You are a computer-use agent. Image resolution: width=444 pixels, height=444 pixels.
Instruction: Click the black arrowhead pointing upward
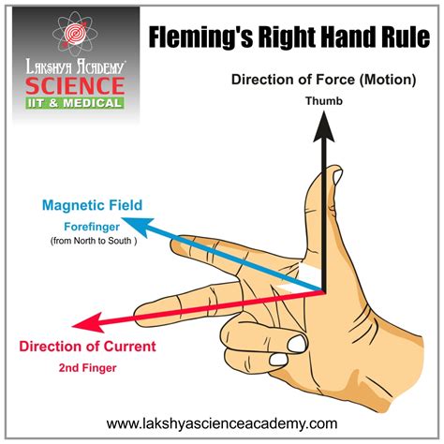point(324,127)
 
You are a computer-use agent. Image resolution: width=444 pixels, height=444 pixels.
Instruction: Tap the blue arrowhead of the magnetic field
point(138,227)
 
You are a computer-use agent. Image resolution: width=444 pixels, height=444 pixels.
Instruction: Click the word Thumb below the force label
point(324,101)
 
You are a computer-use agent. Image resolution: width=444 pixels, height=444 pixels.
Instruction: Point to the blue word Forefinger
point(92,227)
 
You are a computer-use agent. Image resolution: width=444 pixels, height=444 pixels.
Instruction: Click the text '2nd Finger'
point(88,368)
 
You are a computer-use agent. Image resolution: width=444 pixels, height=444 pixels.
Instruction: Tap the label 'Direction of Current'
point(87,347)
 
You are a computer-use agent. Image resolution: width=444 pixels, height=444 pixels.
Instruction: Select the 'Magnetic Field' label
point(92,205)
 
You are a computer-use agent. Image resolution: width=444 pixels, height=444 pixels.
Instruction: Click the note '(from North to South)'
point(94,241)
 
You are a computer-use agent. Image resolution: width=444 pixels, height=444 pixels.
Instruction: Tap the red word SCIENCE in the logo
point(75,85)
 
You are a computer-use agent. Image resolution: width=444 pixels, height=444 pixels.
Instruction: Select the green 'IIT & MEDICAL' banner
point(75,103)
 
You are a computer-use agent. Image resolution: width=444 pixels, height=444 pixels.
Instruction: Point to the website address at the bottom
point(222,423)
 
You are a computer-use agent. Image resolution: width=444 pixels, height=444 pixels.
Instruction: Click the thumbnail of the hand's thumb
point(336,177)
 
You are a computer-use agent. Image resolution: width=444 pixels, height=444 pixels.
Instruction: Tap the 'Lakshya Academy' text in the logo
point(75,67)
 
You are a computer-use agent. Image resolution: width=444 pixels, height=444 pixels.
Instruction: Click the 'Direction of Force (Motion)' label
point(324,80)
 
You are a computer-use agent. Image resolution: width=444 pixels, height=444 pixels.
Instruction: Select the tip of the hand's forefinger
point(171,243)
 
